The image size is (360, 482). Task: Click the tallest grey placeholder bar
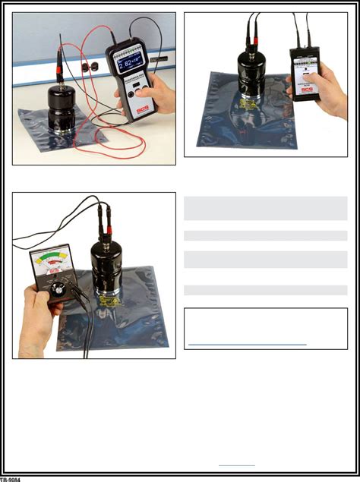tap(266, 208)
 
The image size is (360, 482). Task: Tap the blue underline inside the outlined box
tap(248, 344)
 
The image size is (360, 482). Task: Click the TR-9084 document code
tap(11, 478)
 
